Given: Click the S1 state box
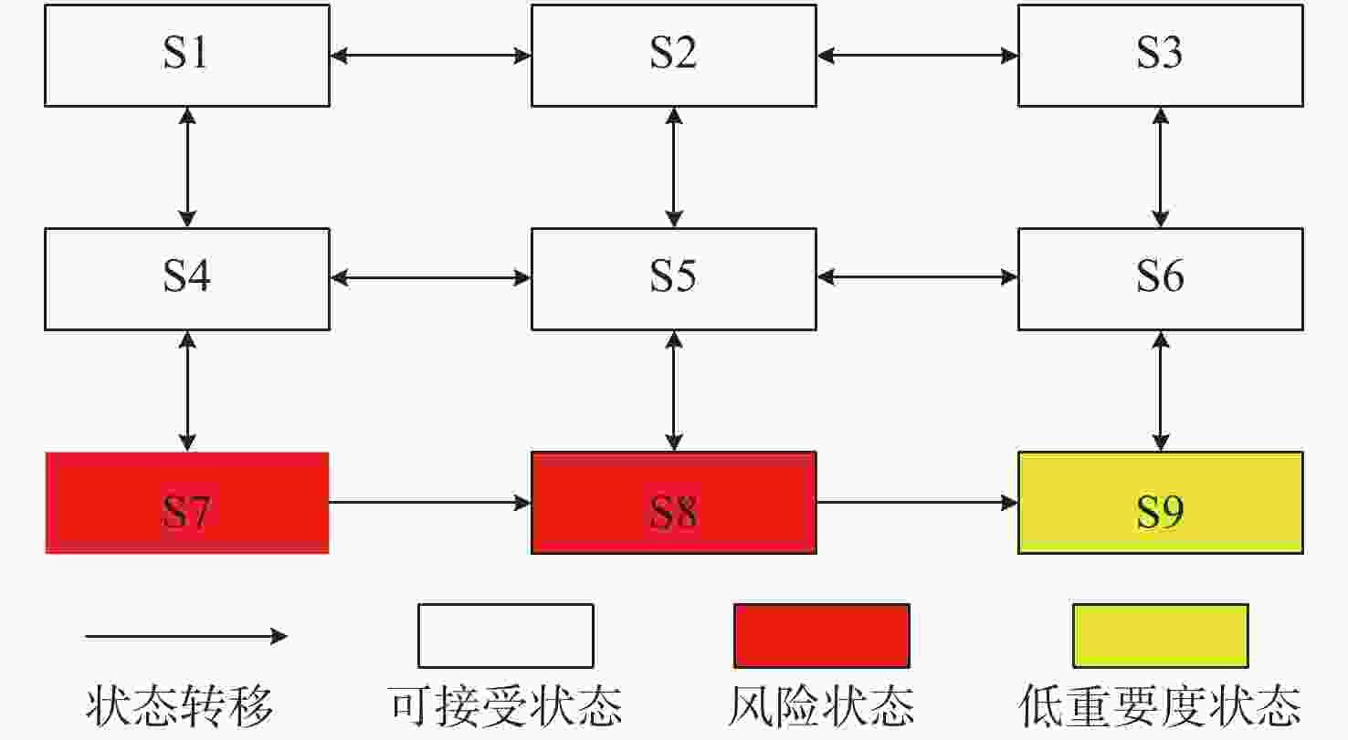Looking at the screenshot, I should (187, 56).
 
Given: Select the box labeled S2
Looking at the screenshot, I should (674, 56).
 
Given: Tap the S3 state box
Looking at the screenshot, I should (1160, 56).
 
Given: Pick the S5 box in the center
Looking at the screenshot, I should (674, 277).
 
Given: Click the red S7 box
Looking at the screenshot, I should (187, 502).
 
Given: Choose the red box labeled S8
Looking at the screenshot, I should (674, 502).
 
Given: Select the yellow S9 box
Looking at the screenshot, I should (1160, 502).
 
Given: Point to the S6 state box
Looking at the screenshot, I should (1160, 277).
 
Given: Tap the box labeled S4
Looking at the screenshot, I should (187, 277).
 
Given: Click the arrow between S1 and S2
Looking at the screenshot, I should (430, 56).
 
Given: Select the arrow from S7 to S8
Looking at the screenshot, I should (430, 502).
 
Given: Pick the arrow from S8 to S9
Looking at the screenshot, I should (917, 502).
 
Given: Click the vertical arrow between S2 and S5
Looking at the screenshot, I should (674, 166).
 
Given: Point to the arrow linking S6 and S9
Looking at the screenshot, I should (1160, 391).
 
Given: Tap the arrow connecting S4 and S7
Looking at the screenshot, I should (187, 391).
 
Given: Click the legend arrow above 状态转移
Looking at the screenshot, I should (186, 636).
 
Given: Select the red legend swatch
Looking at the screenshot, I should (822, 635).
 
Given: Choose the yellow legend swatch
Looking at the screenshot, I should (1160, 635).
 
